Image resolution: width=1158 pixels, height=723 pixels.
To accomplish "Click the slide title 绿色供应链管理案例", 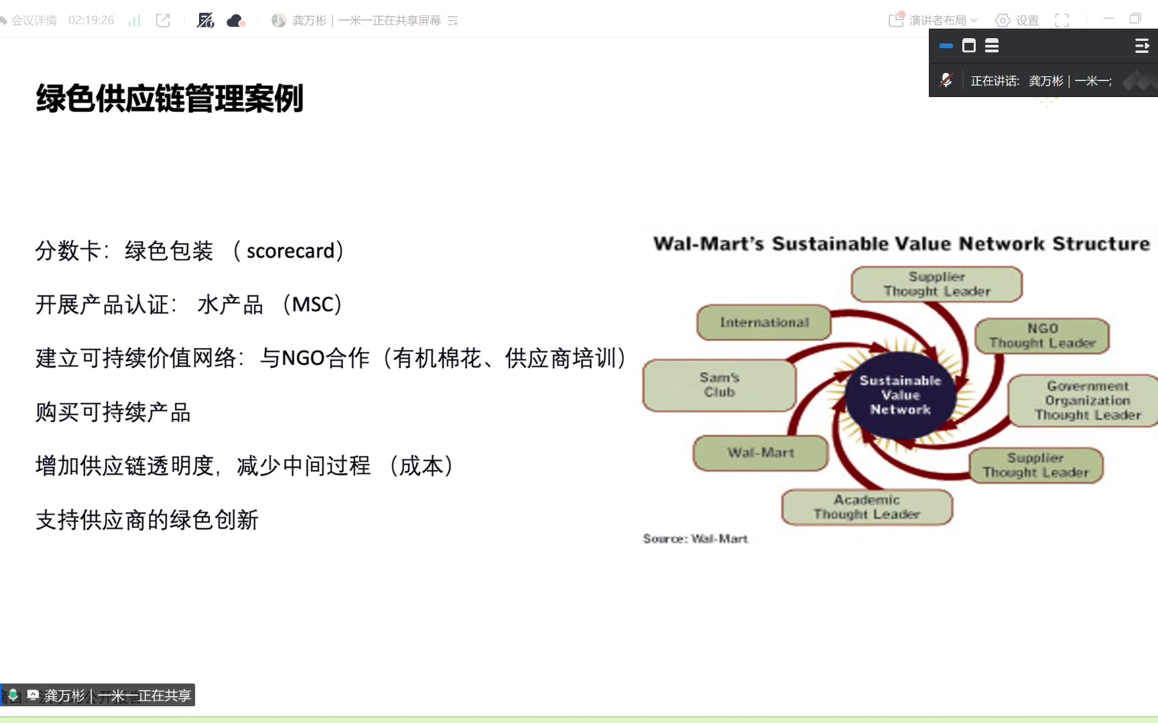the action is coord(170,98).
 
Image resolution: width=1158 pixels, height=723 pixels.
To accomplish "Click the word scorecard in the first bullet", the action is coord(290,251).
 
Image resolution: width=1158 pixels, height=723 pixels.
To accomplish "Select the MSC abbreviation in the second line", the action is coord(312,305).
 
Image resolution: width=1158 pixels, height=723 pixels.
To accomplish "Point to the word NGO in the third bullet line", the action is coord(303,358).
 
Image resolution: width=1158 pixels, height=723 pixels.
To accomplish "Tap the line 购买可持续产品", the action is coord(113,412).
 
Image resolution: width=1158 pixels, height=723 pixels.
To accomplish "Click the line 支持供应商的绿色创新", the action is coord(147,520).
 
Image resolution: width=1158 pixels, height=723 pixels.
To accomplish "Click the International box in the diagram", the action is coord(764,323).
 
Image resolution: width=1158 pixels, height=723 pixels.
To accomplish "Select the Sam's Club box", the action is coord(719,385).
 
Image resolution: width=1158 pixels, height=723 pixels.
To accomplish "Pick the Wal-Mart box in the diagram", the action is coord(761,453).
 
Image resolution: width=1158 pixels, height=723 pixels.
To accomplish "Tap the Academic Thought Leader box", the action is coord(866,507).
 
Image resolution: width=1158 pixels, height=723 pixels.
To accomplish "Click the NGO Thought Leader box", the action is coord(1042,336).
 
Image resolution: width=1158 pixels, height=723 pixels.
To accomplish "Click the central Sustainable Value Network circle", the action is coord(900,395).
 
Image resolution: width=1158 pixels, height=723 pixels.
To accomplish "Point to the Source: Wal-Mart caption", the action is coord(695,539).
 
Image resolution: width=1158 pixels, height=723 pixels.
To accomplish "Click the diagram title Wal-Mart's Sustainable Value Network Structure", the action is coord(901,244).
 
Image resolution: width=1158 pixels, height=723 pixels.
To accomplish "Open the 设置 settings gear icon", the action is coord(1003,20).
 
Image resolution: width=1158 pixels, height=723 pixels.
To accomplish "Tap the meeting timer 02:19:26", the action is coord(91,20).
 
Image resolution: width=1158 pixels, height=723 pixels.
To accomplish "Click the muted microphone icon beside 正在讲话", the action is coord(946,80).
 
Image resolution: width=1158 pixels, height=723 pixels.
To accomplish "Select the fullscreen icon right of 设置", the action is coord(1062,20).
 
